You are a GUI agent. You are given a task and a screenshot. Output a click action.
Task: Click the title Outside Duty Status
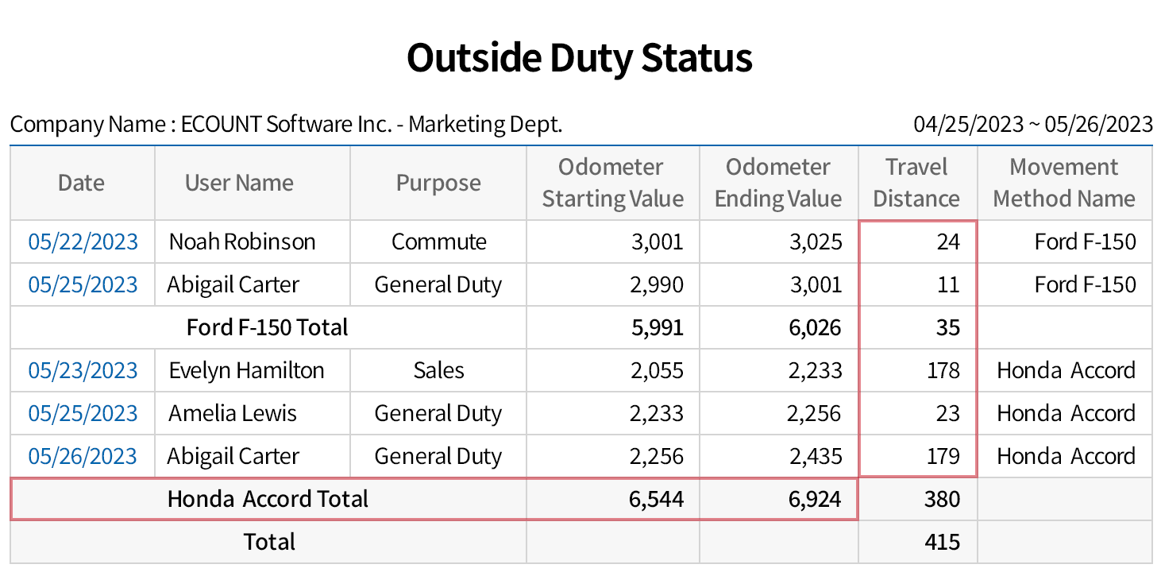coord(580,59)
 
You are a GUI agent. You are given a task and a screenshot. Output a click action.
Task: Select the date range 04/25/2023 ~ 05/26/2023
coord(1033,124)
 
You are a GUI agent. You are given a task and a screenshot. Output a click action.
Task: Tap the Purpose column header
coord(438,183)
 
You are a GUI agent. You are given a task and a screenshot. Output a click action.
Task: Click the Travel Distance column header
coord(916,183)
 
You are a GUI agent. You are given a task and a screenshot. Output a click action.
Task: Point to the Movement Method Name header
coord(1064,183)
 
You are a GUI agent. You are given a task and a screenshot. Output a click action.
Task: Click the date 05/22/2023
coord(83,242)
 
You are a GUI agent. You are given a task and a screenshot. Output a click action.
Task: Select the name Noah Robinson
coord(242,242)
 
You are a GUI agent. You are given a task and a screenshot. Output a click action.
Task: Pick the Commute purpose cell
coord(438,242)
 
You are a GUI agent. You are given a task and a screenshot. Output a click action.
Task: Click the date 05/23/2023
coord(83,370)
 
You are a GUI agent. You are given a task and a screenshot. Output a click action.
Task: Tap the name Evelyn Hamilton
coord(246,370)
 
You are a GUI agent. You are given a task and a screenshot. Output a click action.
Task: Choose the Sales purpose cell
coord(438,370)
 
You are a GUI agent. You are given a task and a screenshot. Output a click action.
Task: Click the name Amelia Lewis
coord(233,413)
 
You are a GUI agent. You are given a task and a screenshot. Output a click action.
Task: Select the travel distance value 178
coord(943,370)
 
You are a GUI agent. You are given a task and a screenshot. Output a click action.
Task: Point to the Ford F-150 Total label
coord(267,327)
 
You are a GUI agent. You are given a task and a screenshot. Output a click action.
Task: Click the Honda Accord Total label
coord(268,499)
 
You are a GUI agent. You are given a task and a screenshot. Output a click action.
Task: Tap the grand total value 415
coord(943,542)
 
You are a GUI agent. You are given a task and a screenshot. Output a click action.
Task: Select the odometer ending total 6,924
coord(816,499)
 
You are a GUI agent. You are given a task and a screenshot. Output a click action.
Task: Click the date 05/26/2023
coord(83,456)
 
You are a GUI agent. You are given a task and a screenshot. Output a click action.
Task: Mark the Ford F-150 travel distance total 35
coord(948,327)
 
